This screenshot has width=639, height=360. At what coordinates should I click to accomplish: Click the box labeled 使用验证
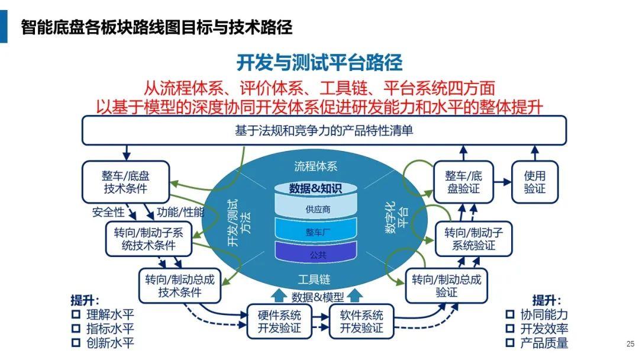coord(535,182)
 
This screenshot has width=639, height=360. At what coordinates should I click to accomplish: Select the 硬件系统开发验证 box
coord(279,322)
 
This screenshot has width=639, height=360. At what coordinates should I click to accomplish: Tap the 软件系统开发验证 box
coord(362,322)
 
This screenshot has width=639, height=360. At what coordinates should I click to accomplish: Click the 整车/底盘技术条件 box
coord(125,182)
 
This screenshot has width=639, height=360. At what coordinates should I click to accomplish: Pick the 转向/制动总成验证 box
coord(446,285)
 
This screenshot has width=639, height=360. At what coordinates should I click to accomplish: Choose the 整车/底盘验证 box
coord(463,182)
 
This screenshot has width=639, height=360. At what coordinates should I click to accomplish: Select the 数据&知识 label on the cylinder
coord(315,188)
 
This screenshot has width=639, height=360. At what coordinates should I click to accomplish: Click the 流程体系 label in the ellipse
coord(316,166)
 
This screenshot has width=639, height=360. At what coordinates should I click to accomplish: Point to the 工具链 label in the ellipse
coord(314,279)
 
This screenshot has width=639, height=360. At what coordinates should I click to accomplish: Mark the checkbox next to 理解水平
coord(76,314)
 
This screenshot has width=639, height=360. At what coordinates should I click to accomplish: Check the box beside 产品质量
coord(510,342)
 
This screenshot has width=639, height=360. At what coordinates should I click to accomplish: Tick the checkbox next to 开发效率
coord(510,328)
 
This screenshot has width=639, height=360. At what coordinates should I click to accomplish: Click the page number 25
coord(631,343)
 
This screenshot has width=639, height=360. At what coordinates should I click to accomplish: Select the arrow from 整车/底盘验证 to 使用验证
coord(502,182)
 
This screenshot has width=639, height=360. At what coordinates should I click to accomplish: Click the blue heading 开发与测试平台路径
coord(319,62)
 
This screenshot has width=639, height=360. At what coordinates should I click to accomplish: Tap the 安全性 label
coord(108,212)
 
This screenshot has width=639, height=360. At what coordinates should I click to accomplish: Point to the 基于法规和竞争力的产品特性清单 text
coord(324,130)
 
